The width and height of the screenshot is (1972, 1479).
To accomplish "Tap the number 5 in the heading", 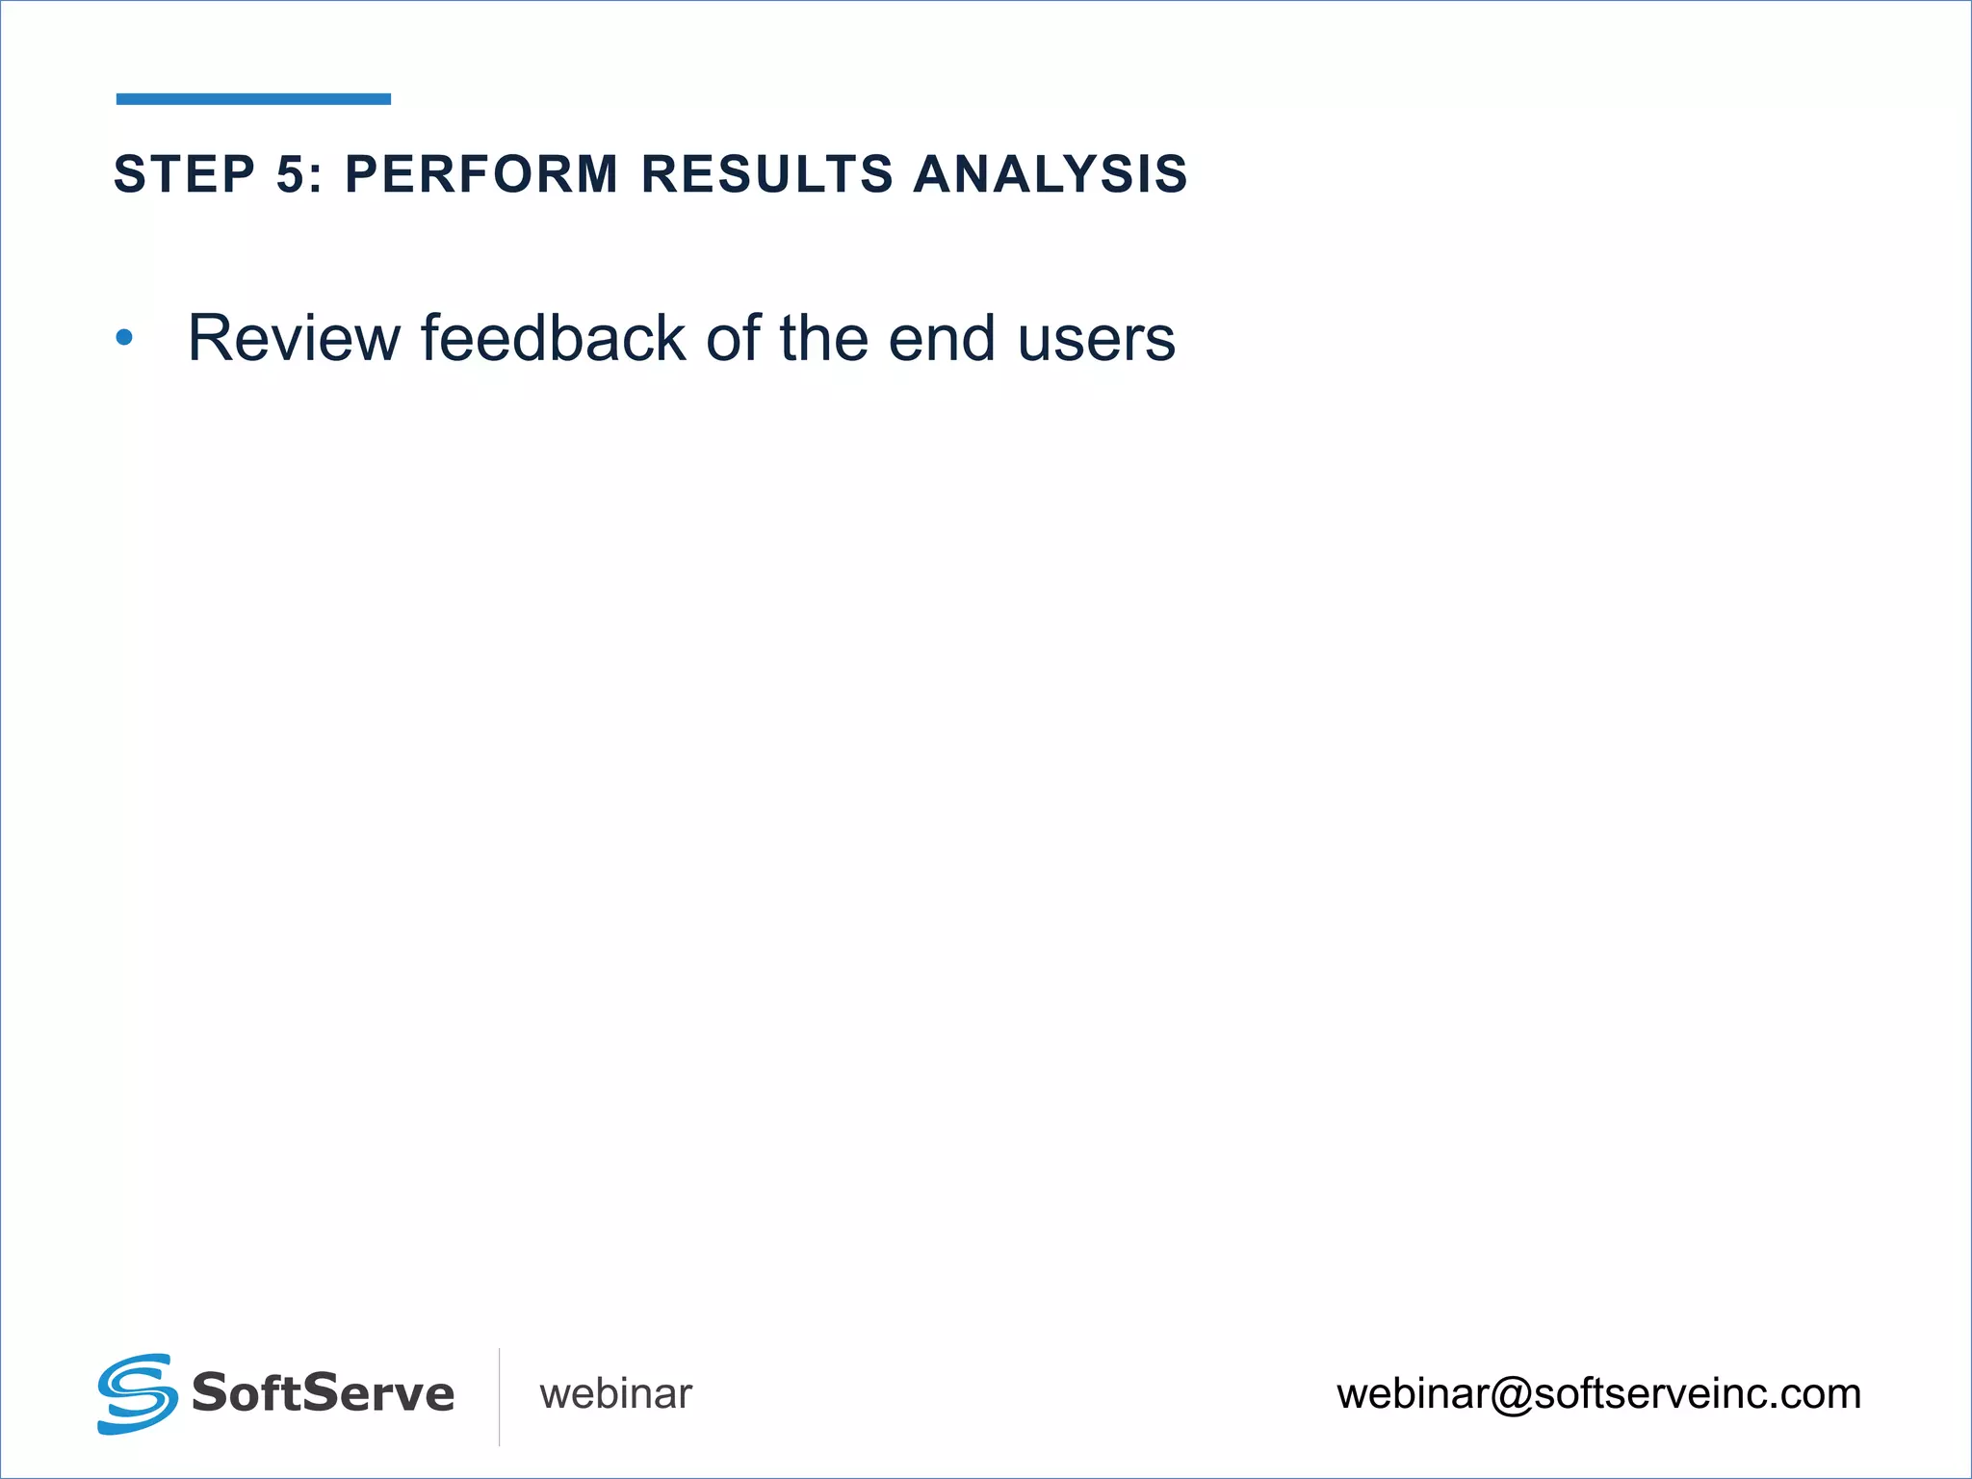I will tap(292, 174).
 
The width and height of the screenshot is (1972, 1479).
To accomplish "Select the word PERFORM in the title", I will tap(481, 174).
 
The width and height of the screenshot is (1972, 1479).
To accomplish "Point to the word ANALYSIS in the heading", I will tap(1051, 174).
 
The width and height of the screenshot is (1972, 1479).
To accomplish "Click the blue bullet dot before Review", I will tap(124, 338).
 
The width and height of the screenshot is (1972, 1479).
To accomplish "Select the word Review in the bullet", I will tap(294, 339).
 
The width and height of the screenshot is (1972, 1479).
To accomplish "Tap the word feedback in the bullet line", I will tap(553, 339).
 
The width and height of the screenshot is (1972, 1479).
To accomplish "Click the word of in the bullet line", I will tap(732, 339).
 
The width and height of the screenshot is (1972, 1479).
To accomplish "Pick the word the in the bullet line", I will tap(824, 339).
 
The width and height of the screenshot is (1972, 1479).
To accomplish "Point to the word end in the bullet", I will tap(942, 339).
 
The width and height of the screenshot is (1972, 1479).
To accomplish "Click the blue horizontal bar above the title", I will tap(253, 98).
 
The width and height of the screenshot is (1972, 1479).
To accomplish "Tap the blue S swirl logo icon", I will tap(137, 1393).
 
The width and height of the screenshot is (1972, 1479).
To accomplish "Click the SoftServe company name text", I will tap(323, 1393).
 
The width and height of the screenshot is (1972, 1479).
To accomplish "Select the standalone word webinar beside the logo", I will tap(615, 1394).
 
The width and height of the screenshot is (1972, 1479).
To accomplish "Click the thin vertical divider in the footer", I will tap(499, 1396).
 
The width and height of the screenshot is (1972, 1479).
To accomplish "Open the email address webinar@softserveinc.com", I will tap(1598, 1394).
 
